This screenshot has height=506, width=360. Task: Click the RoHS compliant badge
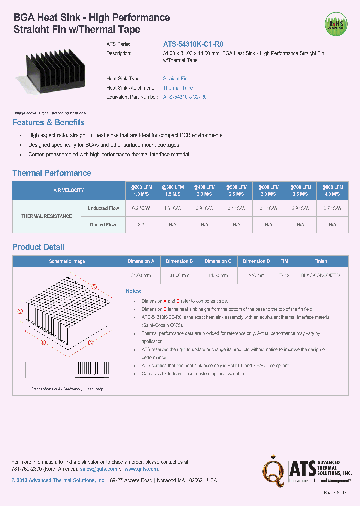[335, 23]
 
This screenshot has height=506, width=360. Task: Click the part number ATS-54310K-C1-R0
[189, 44]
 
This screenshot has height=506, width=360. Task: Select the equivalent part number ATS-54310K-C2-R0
[185, 97]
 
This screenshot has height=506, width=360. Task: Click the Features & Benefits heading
[48, 123]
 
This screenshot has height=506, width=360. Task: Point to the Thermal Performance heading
[51, 173]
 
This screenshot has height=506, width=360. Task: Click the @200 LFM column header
[141, 190]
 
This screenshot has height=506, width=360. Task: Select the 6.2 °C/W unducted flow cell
[141, 208]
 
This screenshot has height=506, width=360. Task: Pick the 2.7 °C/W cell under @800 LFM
[332, 208]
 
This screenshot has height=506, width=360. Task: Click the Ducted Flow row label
[103, 225]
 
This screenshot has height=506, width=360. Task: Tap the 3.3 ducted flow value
[141, 225]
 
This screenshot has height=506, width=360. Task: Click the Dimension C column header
[218, 261]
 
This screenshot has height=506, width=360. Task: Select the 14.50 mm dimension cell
[218, 275]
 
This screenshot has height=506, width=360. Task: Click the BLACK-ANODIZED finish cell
[320, 275]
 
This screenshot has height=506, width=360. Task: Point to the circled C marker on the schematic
[20, 311]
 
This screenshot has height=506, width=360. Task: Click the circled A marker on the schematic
[91, 343]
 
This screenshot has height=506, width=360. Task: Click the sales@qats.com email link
[98, 469]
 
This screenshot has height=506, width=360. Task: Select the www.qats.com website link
[141, 469]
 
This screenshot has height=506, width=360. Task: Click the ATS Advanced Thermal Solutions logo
[308, 470]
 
